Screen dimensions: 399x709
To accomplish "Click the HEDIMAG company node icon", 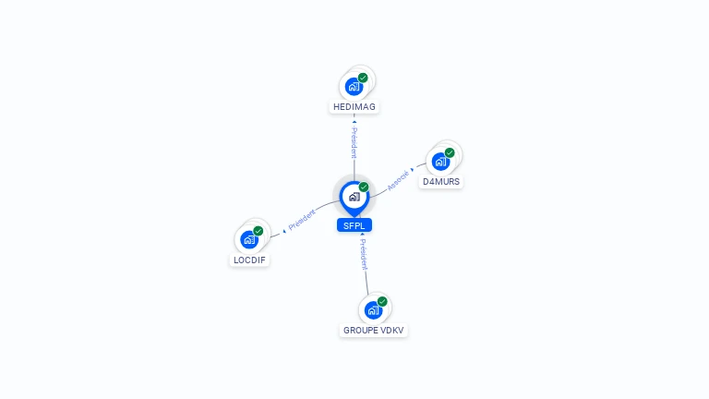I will coord(354,87).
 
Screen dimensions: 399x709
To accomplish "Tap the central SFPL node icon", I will coord(354,197).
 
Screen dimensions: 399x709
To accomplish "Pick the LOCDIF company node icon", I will coord(248,239).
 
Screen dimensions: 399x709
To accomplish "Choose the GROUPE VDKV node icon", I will coord(373,309).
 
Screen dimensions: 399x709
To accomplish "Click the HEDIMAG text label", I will coord(354,107).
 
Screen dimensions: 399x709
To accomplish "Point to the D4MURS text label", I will coord(441,182).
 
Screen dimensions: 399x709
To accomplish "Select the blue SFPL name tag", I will coord(354,225).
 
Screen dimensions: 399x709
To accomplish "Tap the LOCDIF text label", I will coord(250,260).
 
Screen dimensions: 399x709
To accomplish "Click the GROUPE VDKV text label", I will coord(374,330).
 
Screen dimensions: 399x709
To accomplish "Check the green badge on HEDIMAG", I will coord(363,79).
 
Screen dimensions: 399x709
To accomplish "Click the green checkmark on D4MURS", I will coord(450,152).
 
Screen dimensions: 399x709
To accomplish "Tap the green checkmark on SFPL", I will coord(364,187).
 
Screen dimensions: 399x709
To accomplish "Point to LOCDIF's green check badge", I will coord(258,231).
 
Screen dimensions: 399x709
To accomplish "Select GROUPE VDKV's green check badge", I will coord(382,301).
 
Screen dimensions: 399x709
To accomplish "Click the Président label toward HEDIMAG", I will coord(354,143).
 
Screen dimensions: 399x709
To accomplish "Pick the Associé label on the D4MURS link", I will coord(398,180).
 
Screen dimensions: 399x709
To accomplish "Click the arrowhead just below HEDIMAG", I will coord(354,121).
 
